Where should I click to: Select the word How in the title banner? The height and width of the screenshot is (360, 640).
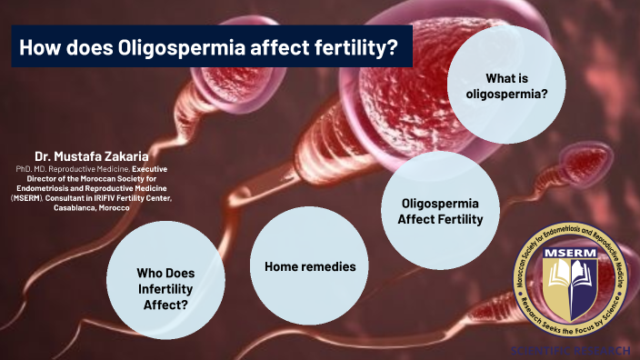pyautogui.click(x=41, y=46)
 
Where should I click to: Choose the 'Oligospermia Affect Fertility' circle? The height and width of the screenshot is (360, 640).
pyautogui.click(x=440, y=211)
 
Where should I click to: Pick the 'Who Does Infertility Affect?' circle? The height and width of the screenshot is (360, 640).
pyautogui.click(x=165, y=287)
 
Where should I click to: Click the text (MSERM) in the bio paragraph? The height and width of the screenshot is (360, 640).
pyautogui.click(x=26, y=197)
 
